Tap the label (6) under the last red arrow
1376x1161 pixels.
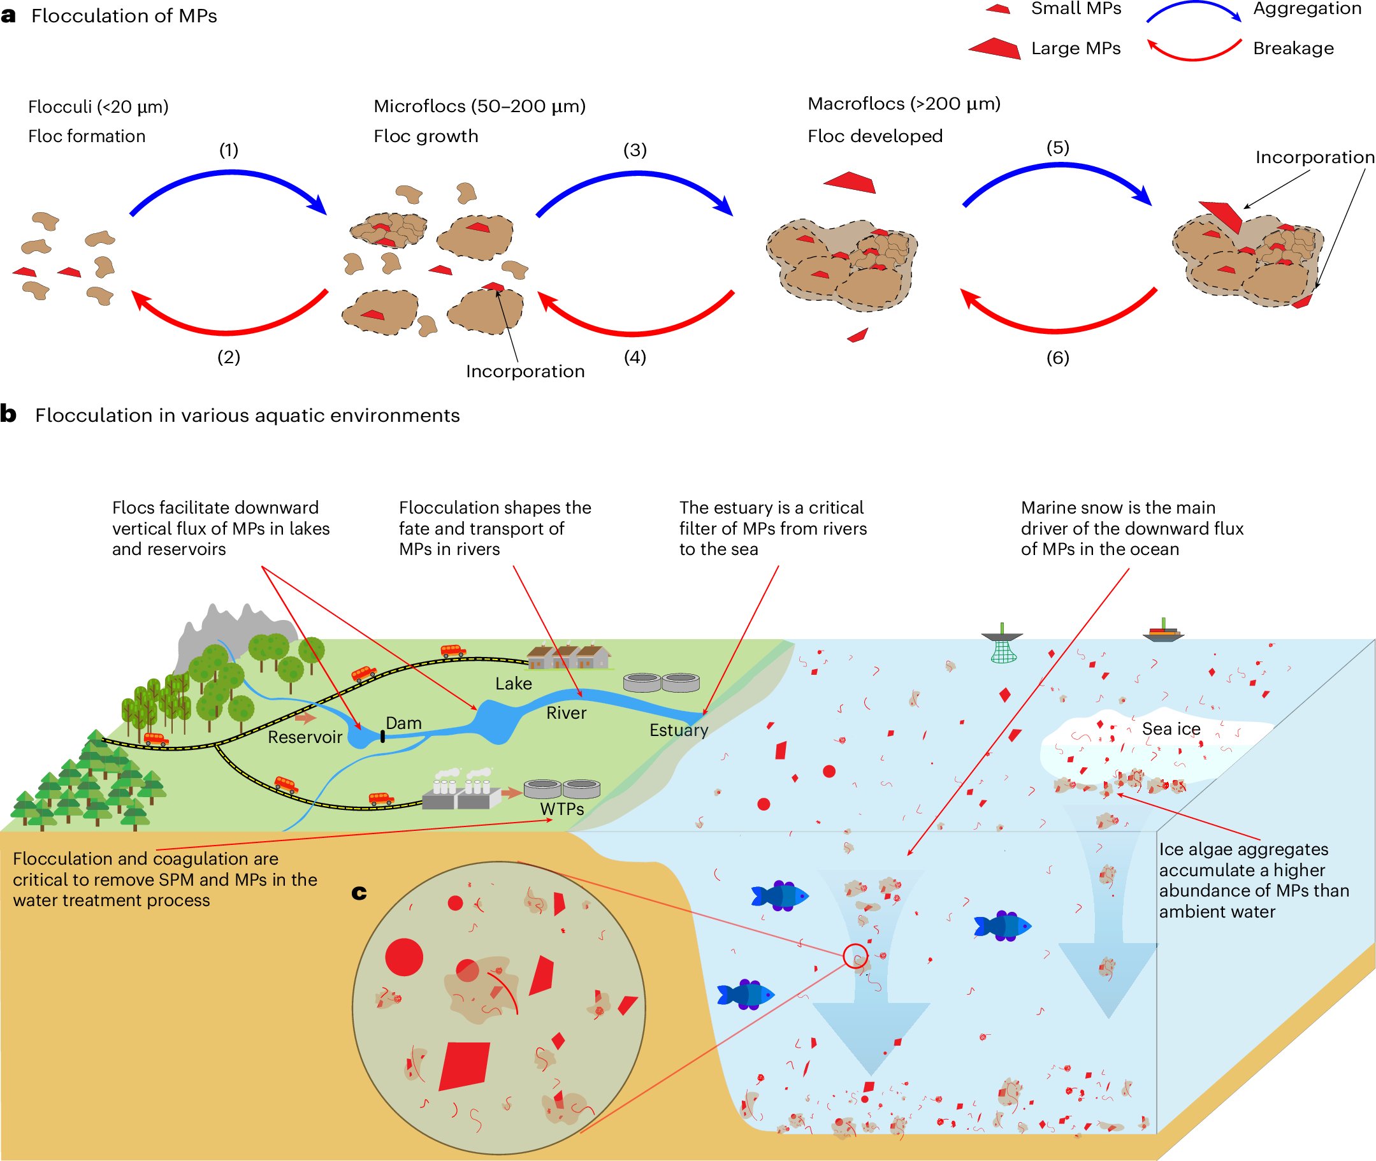[1057, 357]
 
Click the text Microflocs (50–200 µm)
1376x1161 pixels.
[479, 106]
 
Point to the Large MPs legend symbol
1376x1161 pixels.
[995, 48]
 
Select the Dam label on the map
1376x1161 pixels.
[403, 723]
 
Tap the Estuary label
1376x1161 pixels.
[678, 730]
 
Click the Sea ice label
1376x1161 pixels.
[1171, 728]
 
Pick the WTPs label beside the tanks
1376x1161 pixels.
[561, 809]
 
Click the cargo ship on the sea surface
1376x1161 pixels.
[1163, 632]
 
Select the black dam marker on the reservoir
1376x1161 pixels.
[382, 737]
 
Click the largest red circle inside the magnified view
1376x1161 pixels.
[403, 957]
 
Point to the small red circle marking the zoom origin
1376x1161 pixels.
[855, 956]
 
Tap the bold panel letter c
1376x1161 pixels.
[359, 893]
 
